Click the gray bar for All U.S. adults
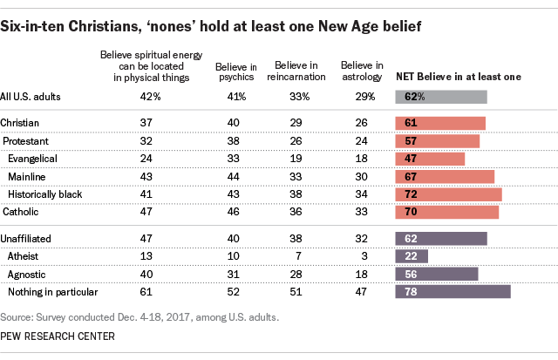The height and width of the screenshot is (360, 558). click(440, 97)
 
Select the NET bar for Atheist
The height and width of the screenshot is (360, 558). click(411, 255)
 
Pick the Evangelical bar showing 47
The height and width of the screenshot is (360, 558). click(430, 159)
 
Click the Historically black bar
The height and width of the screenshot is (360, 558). click(448, 194)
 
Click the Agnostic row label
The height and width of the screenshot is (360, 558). click(26, 273)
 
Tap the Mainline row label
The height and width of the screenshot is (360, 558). click(26, 176)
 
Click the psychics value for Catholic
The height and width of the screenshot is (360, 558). click(232, 211)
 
